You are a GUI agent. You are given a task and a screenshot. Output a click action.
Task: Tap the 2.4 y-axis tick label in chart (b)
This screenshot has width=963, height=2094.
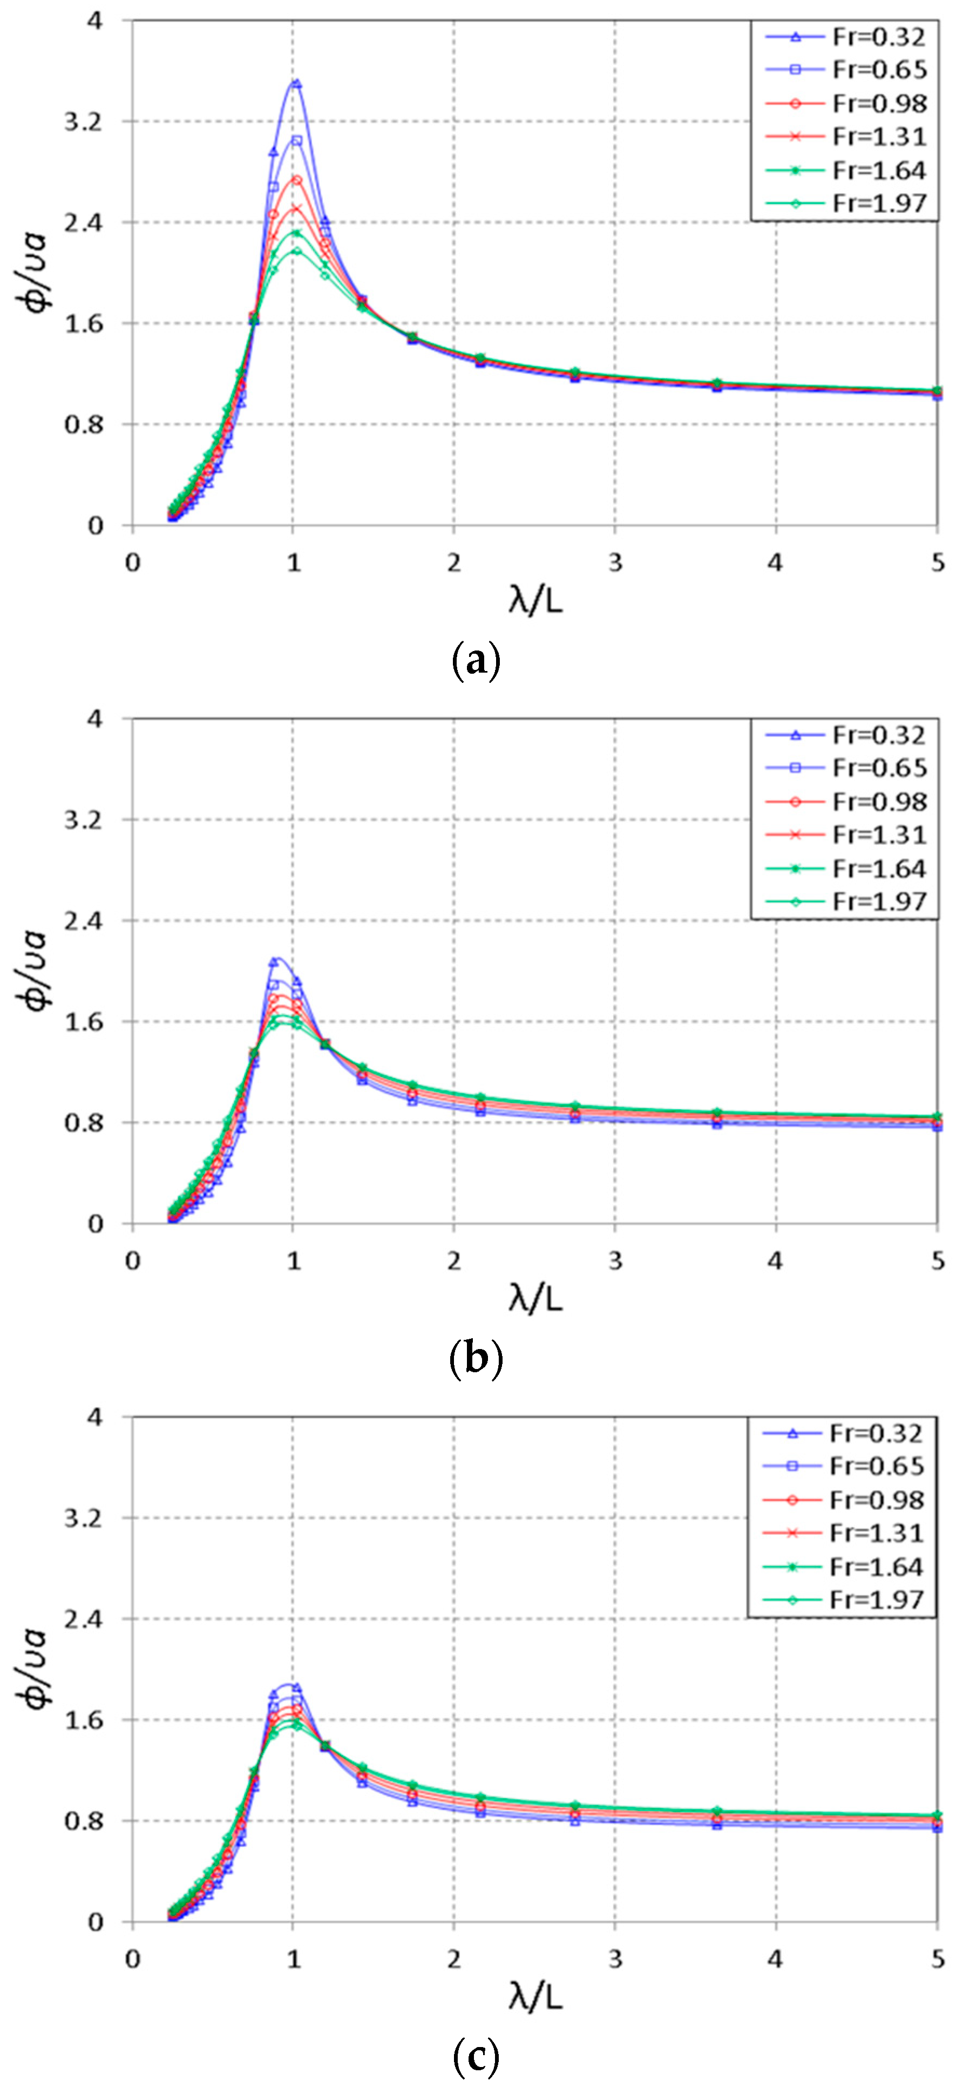pyautogui.click(x=84, y=921)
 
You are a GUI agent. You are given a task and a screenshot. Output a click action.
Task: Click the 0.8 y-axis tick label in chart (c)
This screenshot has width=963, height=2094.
pyautogui.click(x=84, y=1822)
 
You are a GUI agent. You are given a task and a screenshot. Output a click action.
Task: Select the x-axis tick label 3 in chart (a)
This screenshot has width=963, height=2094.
pyautogui.click(x=615, y=563)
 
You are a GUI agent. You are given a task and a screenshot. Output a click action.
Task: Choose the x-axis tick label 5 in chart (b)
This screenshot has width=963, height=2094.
pyautogui.click(x=938, y=1261)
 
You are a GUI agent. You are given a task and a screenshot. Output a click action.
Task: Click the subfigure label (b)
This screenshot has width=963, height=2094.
pyautogui.click(x=476, y=1358)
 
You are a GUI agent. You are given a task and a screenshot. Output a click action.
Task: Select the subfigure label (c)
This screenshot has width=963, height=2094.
pyautogui.click(x=476, y=2057)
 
